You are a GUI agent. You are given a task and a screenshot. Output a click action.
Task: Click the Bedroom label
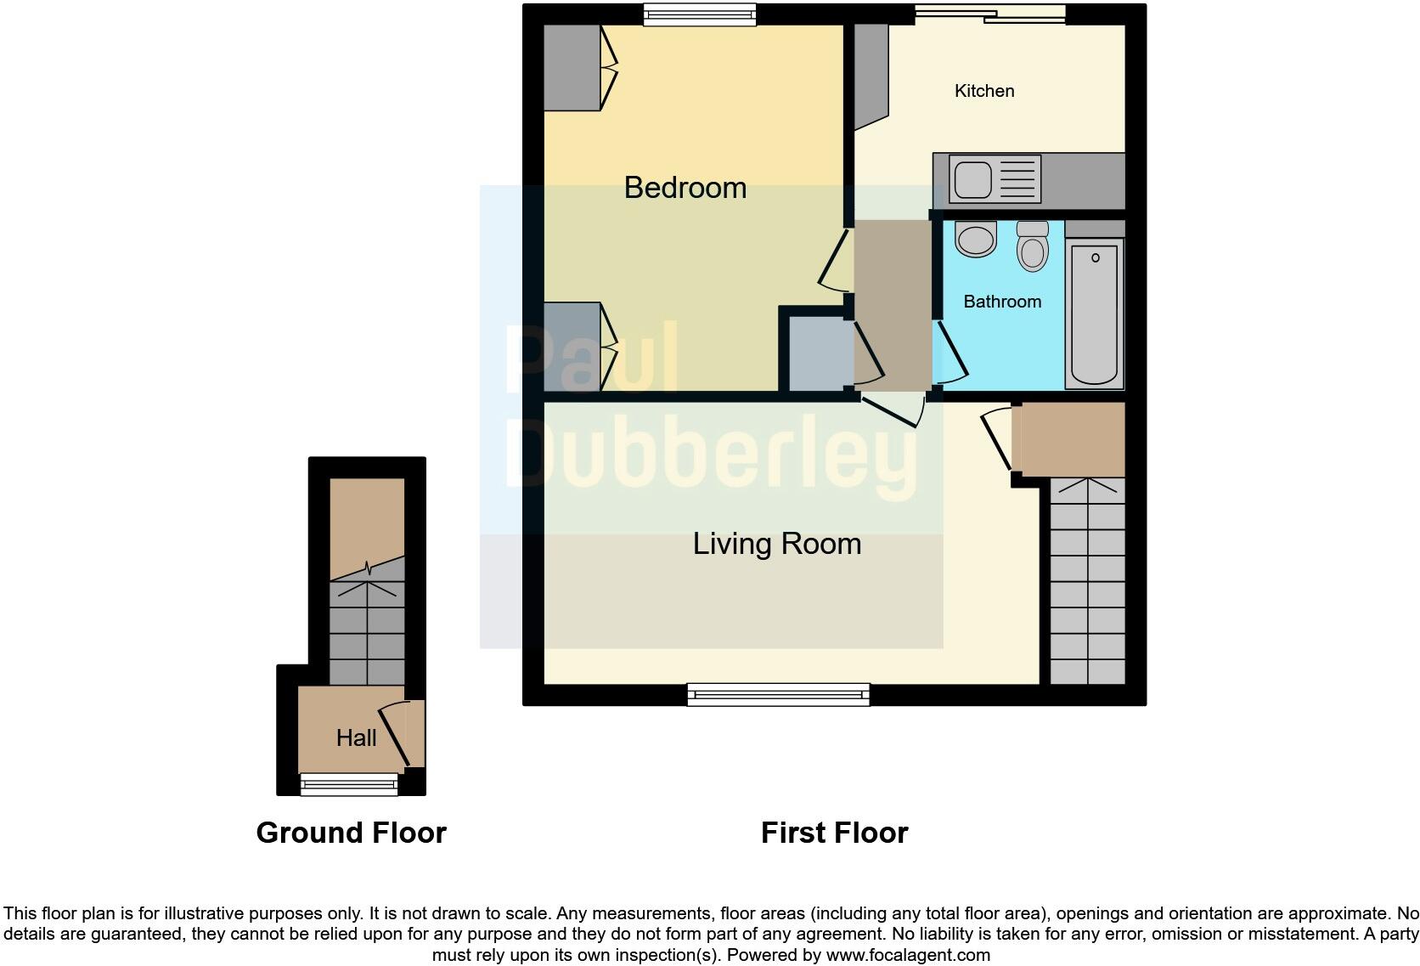pos(685,188)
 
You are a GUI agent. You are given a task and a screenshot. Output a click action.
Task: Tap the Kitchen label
pos(983,91)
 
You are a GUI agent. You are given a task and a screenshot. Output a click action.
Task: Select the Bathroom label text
pos(1002,302)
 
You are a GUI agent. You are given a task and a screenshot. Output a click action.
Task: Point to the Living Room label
pos(776,544)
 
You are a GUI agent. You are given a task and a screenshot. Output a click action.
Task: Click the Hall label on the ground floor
pos(356,737)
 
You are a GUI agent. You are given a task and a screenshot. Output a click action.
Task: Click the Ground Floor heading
pos(351,833)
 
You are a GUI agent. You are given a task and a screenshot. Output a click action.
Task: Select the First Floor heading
pos(834,833)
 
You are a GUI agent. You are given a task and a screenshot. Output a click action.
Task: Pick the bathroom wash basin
pos(975,239)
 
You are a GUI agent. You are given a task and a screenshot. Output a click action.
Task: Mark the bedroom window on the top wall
pos(699,14)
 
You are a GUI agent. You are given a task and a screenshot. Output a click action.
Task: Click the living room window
pos(779,695)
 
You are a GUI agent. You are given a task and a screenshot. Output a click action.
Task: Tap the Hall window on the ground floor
pos(349,784)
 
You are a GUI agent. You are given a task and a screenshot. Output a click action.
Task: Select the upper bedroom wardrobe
pos(572,68)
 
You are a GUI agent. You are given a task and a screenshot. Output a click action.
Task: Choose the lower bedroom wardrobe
pos(572,347)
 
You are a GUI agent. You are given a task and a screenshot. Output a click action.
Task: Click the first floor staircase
pos(1087,582)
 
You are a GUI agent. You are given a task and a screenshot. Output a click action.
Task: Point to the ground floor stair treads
pos(367,633)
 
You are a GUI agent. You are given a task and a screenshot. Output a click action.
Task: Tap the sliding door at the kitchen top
pos(989,14)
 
